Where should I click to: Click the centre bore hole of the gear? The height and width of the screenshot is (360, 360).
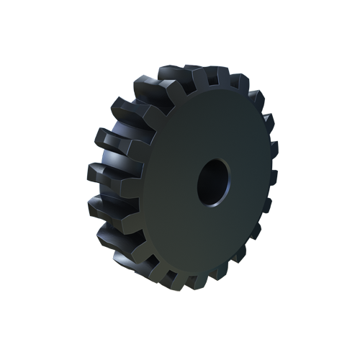point(213,181)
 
